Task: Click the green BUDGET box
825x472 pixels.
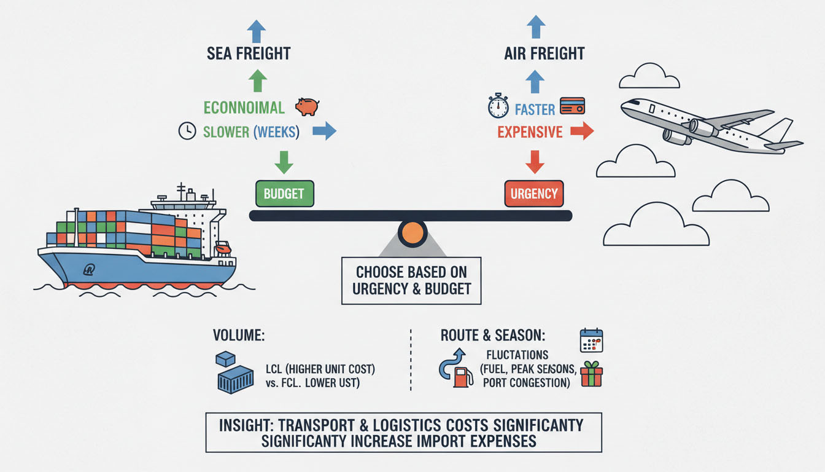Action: coord(284,194)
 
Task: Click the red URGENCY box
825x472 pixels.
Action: coord(534,194)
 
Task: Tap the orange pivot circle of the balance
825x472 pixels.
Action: coord(411,234)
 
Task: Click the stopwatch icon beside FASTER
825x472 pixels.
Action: coord(498,106)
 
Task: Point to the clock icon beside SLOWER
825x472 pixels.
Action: coord(187,131)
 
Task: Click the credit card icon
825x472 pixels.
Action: coord(572,106)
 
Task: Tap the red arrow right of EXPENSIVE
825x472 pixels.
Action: coord(581,131)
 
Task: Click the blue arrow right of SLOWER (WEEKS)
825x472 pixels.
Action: coord(324,130)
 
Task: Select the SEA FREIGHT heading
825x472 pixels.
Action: coord(248,53)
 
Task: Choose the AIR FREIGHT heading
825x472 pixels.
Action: coord(535,53)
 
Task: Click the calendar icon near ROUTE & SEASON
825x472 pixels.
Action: coord(591,340)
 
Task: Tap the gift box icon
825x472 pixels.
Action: coord(591,374)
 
